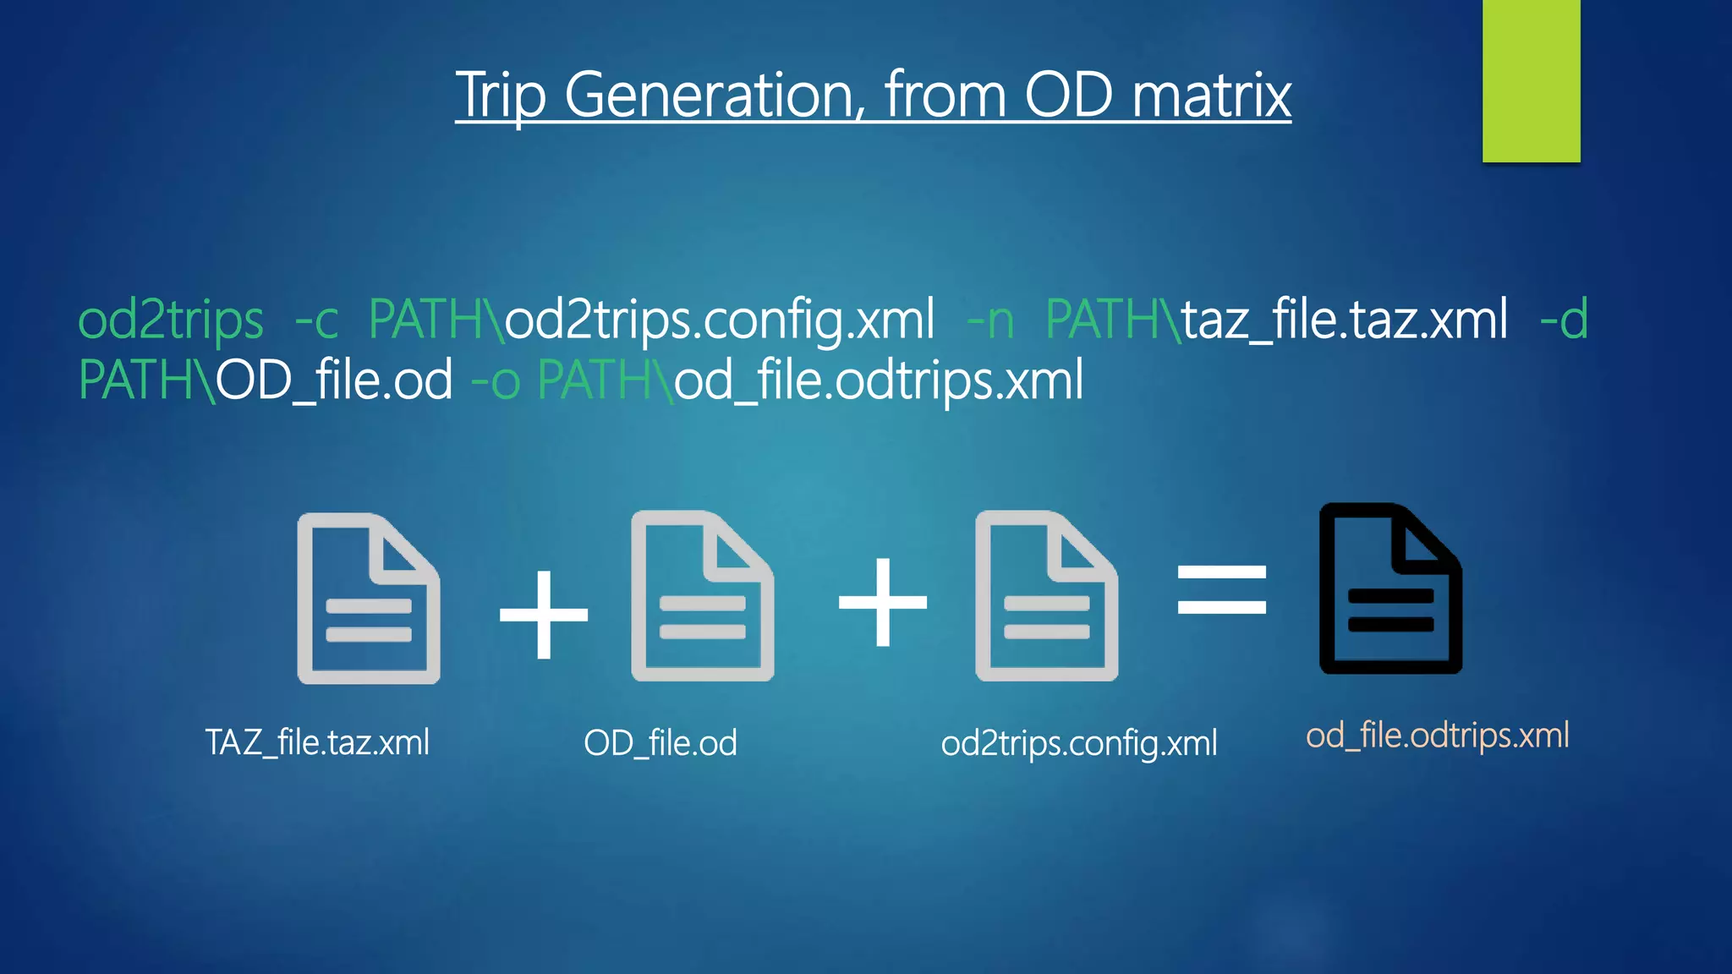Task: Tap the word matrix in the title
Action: coord(1211,95)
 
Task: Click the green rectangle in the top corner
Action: coord(1531,80)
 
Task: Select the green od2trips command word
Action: coord(171,320)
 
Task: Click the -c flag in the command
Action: coord(316,321)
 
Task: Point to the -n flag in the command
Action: coord(989,321)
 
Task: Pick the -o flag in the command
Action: coord(495,380)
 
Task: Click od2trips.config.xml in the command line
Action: coord(721,320)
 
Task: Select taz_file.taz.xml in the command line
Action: coord(1345,320)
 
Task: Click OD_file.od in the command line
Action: coord(335,380)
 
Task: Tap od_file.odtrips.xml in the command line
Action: coord(879,380)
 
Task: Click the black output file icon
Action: coord(1390,589)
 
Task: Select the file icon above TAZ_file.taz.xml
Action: coord(369,599)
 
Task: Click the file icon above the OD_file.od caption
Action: coord(702,596)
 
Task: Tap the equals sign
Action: coord(1222,589)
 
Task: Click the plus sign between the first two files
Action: coord(544,615)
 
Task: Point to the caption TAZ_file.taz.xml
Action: coord(317,742)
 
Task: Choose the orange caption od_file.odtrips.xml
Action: coord(1437,736)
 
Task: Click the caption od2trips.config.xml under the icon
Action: coord(1079,743)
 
